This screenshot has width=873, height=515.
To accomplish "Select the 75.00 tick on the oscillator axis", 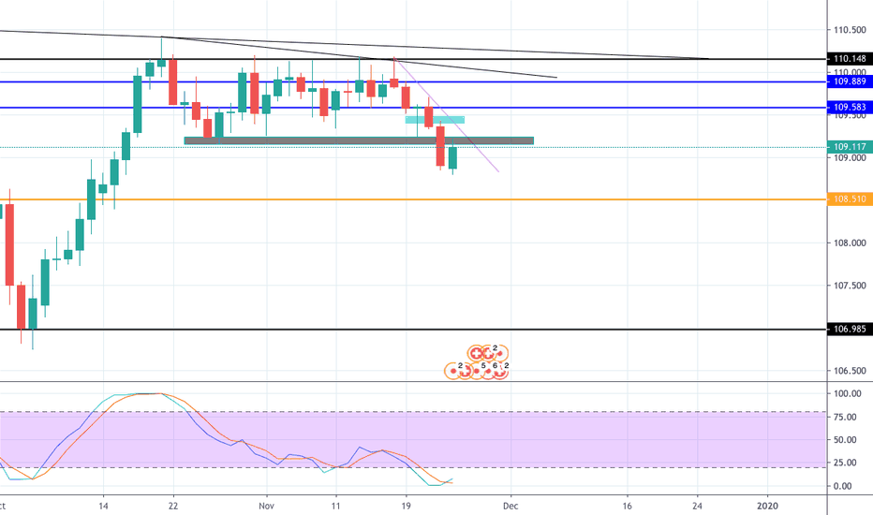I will (843, 417).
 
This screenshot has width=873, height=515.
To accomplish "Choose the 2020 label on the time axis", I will (767, 505).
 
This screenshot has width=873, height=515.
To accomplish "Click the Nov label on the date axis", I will (266, 505).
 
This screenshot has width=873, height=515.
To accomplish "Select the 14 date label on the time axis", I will (104, 505).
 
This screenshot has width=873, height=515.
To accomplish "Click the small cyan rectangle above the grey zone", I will (435, 119).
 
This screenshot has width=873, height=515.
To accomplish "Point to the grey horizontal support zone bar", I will (359, 141).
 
